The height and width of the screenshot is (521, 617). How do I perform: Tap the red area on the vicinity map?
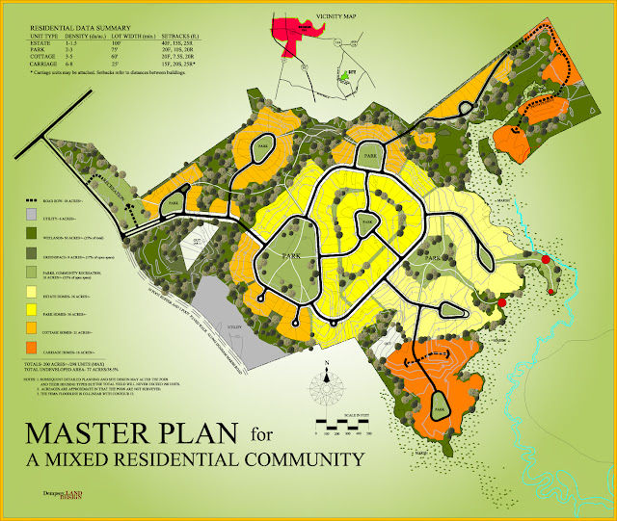(x=293, y=29)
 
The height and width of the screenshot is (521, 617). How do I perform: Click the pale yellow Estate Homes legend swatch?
(x=31, y=291)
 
